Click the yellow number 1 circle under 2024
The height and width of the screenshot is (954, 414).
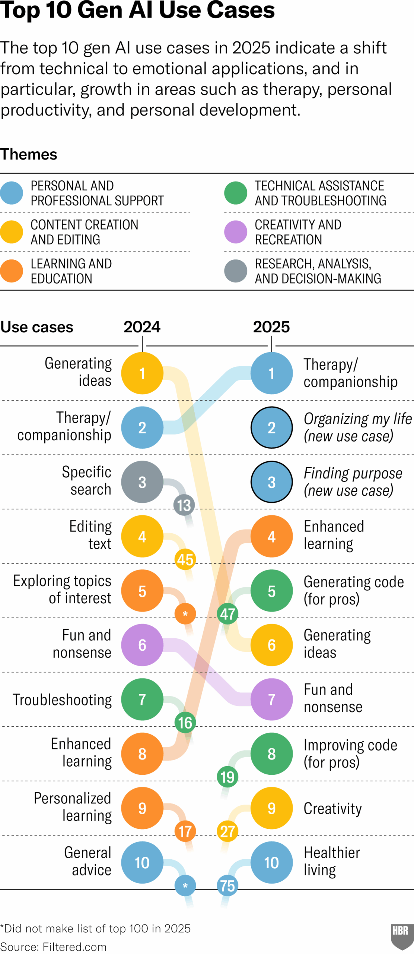pyautogui.click(x=142, y=373)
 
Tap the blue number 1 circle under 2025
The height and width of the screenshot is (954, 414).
pyautogui.click(x=271, y=373)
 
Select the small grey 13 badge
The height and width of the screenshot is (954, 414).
pyautogui.click(x=184, y=505)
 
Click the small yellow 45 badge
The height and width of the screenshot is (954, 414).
pyautogui.click(x=185, y=559)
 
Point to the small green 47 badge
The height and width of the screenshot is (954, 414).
pyautogui.click(x=227, y=613)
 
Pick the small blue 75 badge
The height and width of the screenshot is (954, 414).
pyautogui.click(x=227, y=885)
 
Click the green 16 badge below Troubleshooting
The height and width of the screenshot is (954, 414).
pyautogui.click(x=185, y=722)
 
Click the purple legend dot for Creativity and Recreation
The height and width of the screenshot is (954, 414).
pyautogui.click(x=236, y=232)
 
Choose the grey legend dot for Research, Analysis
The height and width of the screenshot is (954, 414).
pyautogui.click(x=236, y=271)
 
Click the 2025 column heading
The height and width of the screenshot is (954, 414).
pyautogui.click(x=271, y=327)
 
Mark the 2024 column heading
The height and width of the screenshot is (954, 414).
pyautogui.click(x=142, y=327)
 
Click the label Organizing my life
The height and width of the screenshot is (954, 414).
pyautogui.click(x=357, y=419)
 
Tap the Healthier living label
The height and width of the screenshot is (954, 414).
pyautogui.click(x=331, y=861)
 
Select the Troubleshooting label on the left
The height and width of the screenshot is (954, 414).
pyautogui.click(x=62, y=699)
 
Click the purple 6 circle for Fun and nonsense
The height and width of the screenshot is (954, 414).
pyautogui.click(x=142, y=645)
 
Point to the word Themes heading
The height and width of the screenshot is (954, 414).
pyautogui.click(x=29, y=154)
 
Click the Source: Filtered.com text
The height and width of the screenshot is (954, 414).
pyautogui.click(x=53, y=947)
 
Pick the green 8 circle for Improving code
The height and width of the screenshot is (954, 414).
pyautogui.click(x=271, y=754)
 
